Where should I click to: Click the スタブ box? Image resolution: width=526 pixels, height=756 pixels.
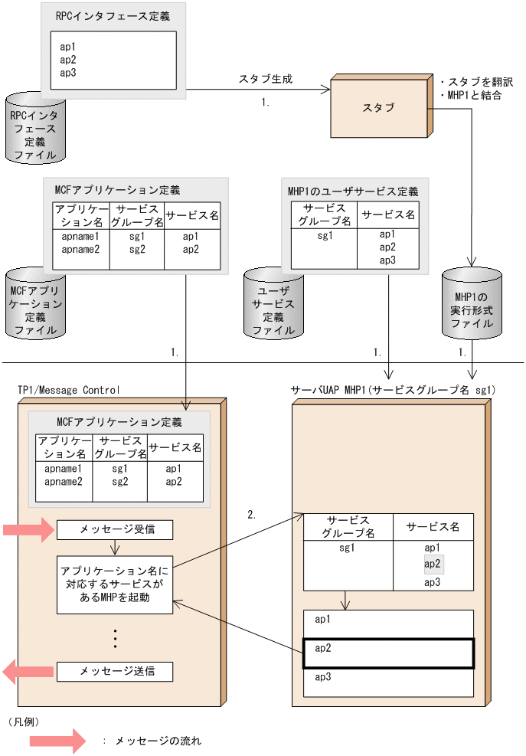[x=379, y=108]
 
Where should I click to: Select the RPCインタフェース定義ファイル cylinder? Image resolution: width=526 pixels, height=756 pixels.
[x=34, y=129]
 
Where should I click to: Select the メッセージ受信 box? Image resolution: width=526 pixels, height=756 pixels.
[x=115, y=529]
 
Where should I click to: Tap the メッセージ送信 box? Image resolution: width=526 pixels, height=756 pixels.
[x=115, y=672]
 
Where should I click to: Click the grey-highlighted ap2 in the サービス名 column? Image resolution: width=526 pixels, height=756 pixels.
[x=433, y=565]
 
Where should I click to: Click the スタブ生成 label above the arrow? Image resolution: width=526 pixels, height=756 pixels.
[x=266, y=79]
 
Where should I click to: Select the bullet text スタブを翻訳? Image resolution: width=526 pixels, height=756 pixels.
[x=481, y=81]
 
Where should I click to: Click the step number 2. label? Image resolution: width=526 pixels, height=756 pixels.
[x=252, y=515]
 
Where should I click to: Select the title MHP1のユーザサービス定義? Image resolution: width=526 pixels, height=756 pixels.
[x=353, y=191]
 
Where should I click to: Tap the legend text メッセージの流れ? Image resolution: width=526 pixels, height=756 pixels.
[x=158, y=741]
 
